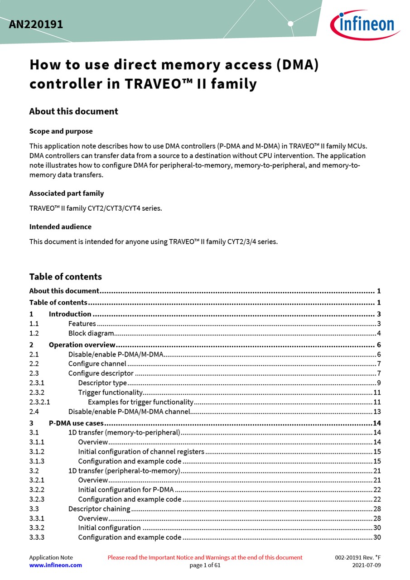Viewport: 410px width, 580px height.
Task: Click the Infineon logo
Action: pyautogui.click(x=365, y=24)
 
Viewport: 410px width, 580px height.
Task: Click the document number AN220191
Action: pyautogui.click(x=36, y=24)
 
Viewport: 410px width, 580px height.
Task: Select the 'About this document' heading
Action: pyautogui.click(x=73, y=111)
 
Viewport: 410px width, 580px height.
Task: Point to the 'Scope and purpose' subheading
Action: pyautogui.click(x=61, y=131)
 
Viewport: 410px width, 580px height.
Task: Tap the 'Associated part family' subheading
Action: pyautogui.click(x=67, y=193)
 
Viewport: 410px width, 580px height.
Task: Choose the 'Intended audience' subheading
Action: pyautogui.click(x=60, y=227)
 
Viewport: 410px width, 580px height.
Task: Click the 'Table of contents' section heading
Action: pyautogui.click(x=66, y=277)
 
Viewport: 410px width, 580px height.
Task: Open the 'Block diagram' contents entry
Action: pyautogui.click(x=91, y=333)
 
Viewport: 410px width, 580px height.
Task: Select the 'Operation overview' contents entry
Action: pyautogui.click(x=82, y=345)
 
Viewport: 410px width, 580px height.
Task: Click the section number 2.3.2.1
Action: pyautogui.click(x=39, y=402)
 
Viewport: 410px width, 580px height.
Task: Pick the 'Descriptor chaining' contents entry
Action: pyautogui.click(x=99, y=509)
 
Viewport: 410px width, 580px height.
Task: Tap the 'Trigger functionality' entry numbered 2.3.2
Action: pyautogui.click(x=111, y=392)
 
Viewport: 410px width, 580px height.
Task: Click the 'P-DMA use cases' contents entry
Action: pyautogui.click(x=76, y=423)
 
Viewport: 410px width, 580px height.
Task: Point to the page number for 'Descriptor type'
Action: pyautogui.click(x=378, y=383)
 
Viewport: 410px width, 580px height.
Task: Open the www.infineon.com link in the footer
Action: pyautogui.click(x=56, y=565)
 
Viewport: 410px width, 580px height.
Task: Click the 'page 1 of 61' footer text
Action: pyautogui.click(x=205, y=565)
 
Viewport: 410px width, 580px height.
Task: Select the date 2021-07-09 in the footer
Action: pyautogui.click(x=367, y=565)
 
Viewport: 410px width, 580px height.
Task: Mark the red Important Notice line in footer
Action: pyautogui.click(x=205, y=557)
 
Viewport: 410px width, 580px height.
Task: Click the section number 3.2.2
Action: pyautogui.click(x=37, y=490)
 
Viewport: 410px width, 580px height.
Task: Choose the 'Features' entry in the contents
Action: pyautogui.click(x=82, y=324)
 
